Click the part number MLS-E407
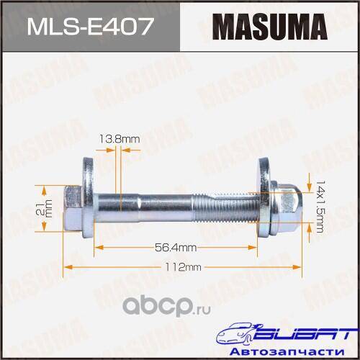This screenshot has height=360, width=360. pos(90,26)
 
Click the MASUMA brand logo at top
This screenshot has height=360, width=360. pos(270,27)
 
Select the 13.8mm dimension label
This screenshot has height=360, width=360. pos(120,139)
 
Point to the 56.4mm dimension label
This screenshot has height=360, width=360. pos(176,248)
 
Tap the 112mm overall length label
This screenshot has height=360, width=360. pos(183,267)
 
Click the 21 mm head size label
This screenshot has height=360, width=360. pos(44,208)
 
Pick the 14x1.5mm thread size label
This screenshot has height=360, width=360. pos(320,207)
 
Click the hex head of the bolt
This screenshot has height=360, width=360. pos(73,208)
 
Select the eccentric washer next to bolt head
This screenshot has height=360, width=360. pos(88,197)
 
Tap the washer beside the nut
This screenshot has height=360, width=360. pos(264,197)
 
